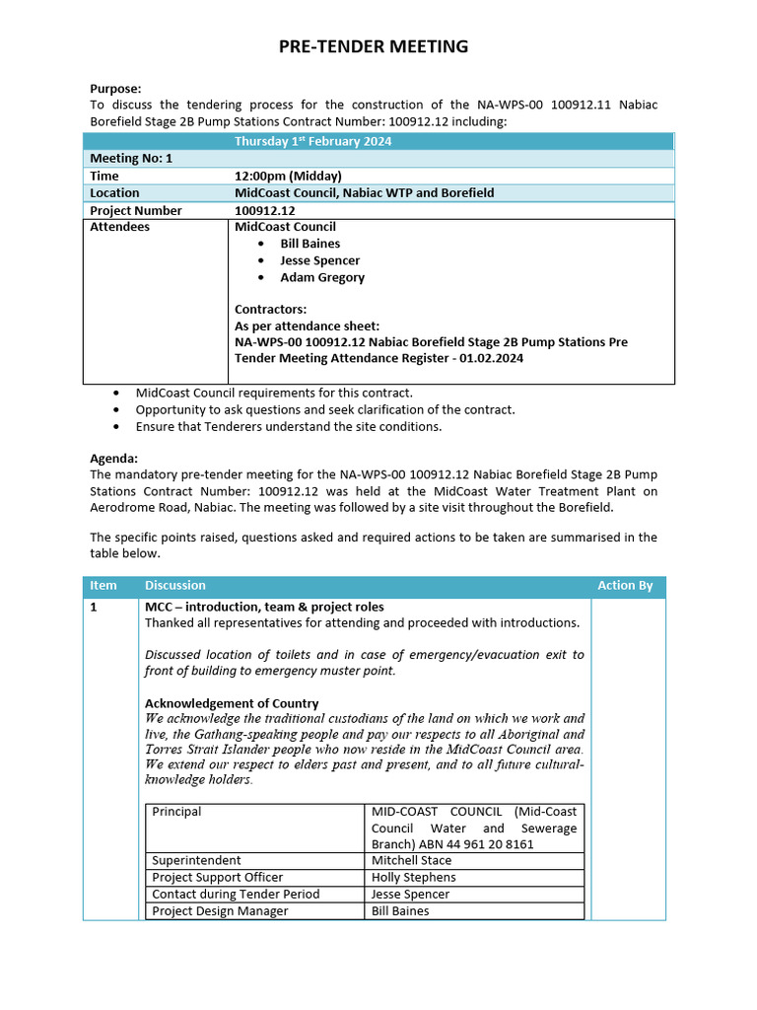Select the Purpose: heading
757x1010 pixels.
pos(115,88)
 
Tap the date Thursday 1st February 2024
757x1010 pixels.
pos(312,141)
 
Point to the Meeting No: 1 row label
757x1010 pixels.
pos(131,158)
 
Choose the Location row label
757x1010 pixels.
pos(114,193)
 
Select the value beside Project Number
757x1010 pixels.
pos(264,210)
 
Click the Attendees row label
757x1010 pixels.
pos(119,227)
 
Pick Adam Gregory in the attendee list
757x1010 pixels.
pos(321,277)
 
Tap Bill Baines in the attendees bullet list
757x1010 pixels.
pos(310,244)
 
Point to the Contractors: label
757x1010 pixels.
pos(270,309)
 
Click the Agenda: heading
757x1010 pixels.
pos(113,458)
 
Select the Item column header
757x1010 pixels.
pos(103,586)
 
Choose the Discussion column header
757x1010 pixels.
pos(174,586)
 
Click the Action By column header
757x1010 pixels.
pos(625,586)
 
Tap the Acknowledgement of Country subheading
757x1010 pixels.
pos(232,703)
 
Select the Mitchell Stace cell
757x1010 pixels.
pos(413,860)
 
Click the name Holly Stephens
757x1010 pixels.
pos(413,877)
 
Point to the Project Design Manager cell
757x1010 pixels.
pos(220,910)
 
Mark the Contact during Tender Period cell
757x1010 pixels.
pos(236,894)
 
